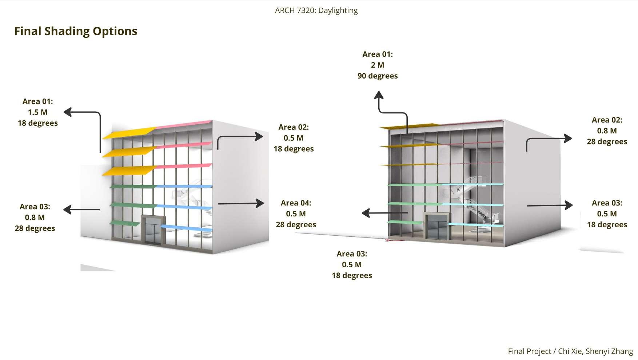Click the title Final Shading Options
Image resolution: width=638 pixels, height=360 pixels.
click(x=76, y=31)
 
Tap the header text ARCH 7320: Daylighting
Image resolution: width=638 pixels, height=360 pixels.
click(x=316, y=11)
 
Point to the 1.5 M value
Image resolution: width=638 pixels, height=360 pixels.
click(x=37, y=112)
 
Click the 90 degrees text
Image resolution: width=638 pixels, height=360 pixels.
click(x=377, y=76)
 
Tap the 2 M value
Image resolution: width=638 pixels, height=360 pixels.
click(x=377, y=65)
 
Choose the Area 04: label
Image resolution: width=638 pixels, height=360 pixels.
click(x=296, y=203)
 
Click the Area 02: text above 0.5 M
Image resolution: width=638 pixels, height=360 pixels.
click(x=293, y=127)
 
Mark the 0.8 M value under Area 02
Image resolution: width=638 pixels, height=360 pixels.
click(x=607, y=131)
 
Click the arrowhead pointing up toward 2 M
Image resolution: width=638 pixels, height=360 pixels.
click(x=379, y=95)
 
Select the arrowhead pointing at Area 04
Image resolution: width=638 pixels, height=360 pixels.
click(x=259, y=203)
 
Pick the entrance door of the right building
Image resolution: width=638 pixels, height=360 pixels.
click(x=436, y=227)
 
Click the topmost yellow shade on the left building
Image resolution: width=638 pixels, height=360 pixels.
click(x=129, y=133)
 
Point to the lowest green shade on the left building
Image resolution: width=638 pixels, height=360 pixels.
click(x=125, y=223)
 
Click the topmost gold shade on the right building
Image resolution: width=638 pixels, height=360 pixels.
click(x=409, y=126)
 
